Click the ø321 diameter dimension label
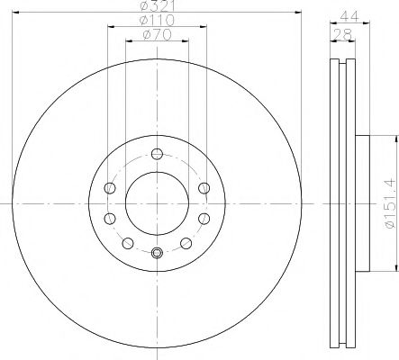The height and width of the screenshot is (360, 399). click(x=155, y=6)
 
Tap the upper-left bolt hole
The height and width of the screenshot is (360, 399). click(x=110, y=187)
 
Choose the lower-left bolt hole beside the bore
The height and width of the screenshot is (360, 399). click(x=110, y=218)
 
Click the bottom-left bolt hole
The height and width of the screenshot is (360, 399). click(x=127, y=242)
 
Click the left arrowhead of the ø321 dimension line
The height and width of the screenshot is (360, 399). click(x=12, y=12)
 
